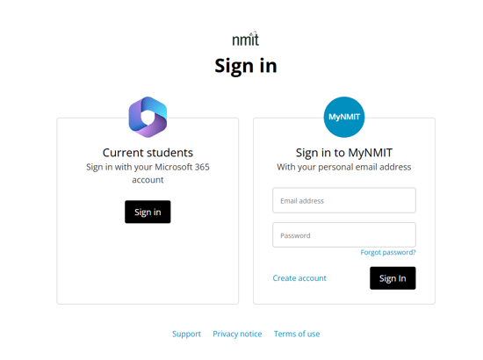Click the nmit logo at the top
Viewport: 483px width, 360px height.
point(246,39)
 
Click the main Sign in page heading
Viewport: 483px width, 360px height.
point(246,66)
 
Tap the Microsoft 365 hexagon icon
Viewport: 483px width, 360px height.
point(148,117)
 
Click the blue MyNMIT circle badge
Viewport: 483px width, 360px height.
point(344,117)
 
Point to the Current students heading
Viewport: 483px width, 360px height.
point(148,153)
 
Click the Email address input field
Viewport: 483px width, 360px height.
point(344,200)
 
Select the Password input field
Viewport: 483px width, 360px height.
point(344,235)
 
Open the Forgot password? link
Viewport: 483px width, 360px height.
point(388,253)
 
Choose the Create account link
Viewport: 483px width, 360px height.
point(299,278)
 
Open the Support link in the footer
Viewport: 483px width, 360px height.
point(186,334)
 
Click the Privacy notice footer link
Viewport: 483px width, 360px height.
point(237,334)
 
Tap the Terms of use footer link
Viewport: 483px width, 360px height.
point(297,334)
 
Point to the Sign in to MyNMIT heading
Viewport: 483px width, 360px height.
point(344,153)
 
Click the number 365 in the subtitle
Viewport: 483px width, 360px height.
point(202,167)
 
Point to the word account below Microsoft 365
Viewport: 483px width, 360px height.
point(148,180)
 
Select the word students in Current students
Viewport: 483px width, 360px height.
point(169,153)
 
